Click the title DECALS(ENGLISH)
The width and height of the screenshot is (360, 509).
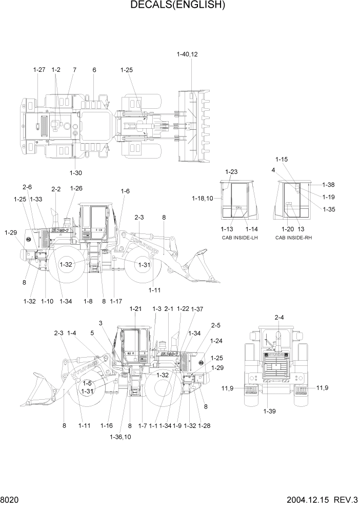pos(178,6)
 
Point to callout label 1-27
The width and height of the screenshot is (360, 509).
pos(39,70)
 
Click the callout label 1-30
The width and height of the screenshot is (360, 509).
pos(75,172)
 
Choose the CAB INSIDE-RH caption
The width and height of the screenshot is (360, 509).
pos(293,238)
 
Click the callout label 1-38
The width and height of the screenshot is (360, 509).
pos(328,185)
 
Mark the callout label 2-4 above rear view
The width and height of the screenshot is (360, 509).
pos(279,318)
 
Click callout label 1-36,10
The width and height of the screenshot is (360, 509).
pos(120,437)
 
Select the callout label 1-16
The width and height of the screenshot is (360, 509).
pos(106,425)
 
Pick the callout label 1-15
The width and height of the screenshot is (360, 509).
pos(282,159)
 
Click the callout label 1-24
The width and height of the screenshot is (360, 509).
pos(216,341)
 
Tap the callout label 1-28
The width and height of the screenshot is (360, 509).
pos(204,425)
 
